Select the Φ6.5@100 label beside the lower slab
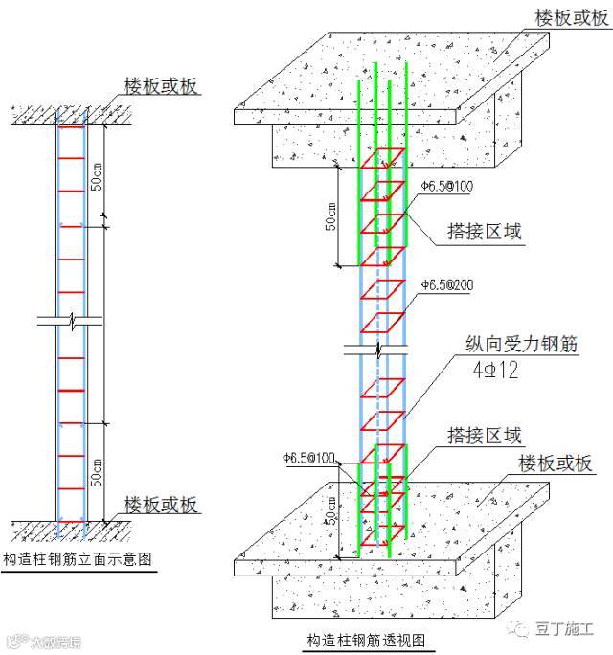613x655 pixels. [x=308, y=459]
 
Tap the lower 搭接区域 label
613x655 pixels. [x=485, y=436]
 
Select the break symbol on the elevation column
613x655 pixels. [x=71, y=319]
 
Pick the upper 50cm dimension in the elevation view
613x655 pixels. [x=96, y=172]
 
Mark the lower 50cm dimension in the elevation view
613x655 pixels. [x=96, y=471]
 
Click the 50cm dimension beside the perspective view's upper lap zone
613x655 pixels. [x=329, y=217]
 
